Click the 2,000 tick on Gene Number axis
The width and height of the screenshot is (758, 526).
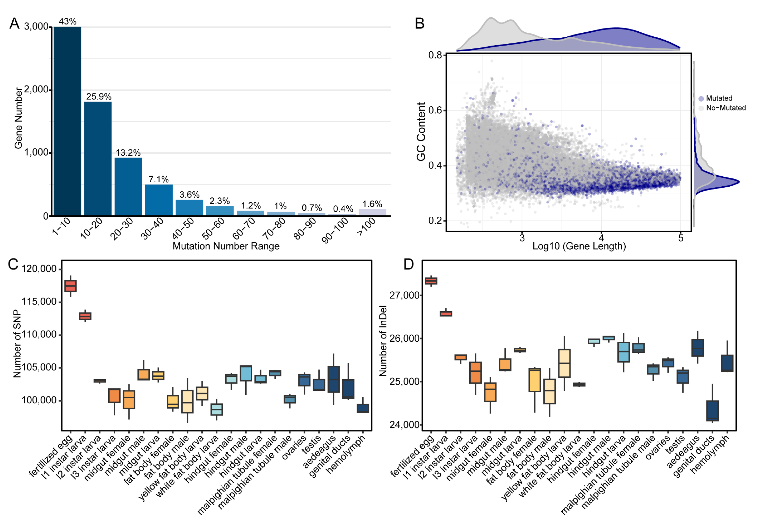37,90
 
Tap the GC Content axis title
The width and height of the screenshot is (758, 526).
421,132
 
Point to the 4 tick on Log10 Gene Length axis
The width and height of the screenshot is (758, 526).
601,238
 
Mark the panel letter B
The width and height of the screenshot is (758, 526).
419,23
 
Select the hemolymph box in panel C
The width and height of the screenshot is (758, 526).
363,408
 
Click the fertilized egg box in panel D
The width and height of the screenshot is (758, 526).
431,281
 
